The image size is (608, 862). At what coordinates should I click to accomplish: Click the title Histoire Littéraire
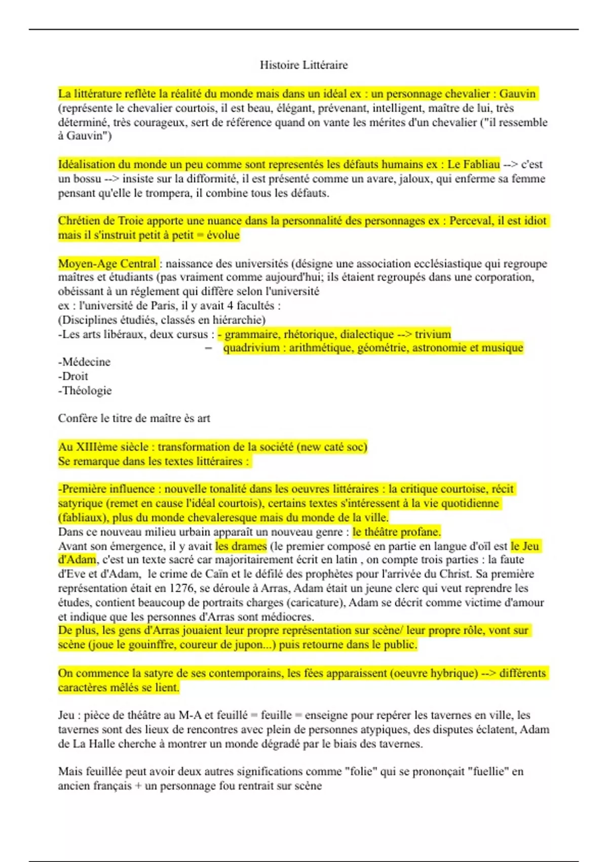click(x=303, y=65)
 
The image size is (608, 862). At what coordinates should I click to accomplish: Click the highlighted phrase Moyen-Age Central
click(x=107, y=264)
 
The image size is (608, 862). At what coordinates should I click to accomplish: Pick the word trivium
click(x=433, y=334)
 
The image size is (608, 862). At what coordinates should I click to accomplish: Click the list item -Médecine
click(x=84, y=362)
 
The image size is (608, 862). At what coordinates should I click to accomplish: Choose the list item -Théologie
click(x=85, y=390)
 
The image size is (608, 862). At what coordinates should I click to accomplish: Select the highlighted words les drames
click(x=241, y=546)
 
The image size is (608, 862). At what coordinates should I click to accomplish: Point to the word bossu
click(x=87, y=179)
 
